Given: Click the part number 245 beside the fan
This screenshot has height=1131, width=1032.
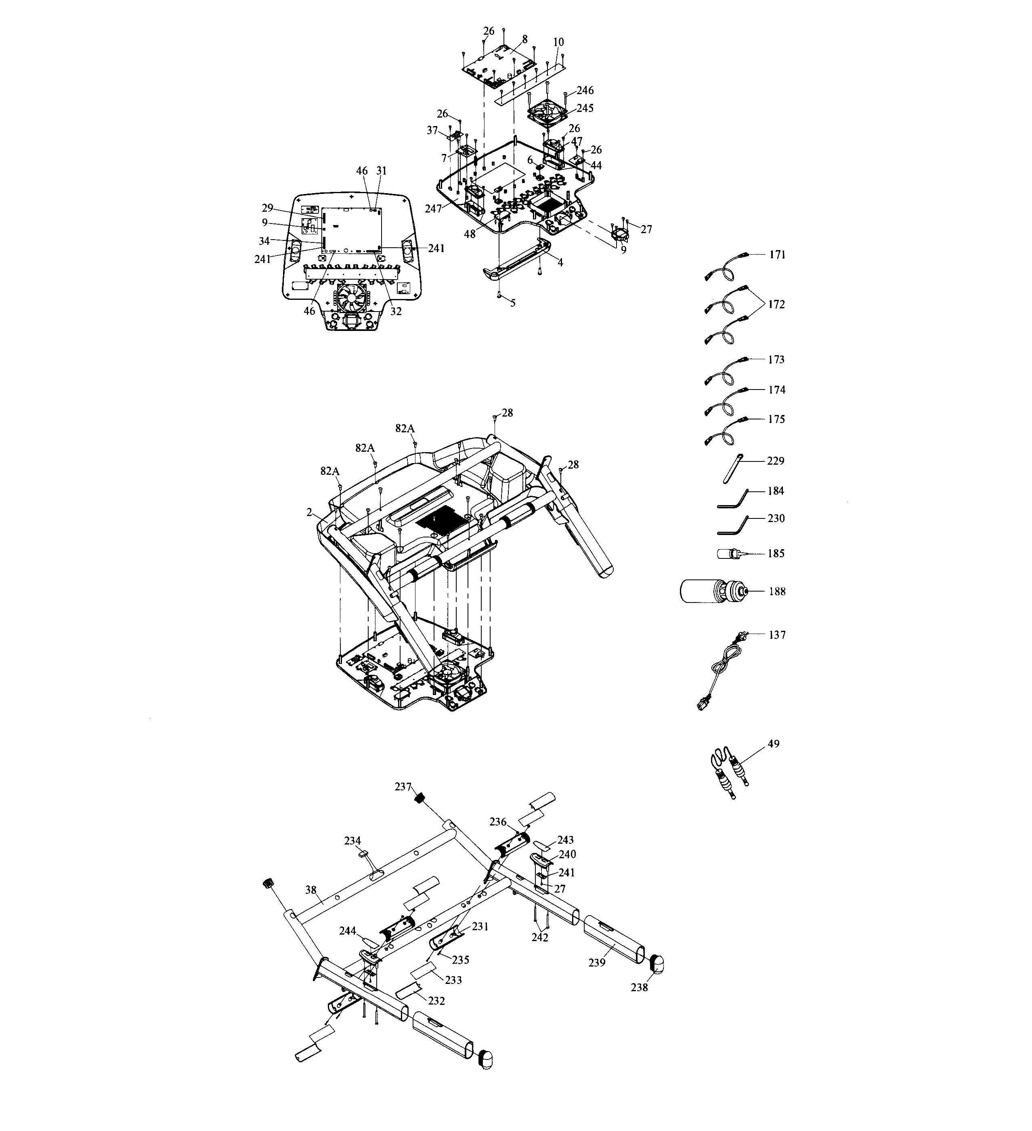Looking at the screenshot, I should (585, 108).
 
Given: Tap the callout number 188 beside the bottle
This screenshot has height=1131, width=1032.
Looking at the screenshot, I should (777, 591).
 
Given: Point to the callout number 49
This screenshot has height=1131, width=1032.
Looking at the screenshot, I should (774, 744).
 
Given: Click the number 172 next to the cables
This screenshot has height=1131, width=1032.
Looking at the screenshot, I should (776, 304).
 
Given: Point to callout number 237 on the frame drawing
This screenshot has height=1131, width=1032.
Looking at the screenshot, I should (403, 787).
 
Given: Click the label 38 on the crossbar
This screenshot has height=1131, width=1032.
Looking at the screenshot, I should (310, 890).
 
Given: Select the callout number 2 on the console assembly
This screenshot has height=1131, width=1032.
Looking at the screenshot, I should (309, 512).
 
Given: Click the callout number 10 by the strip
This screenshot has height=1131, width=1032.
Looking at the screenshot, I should (558, 42).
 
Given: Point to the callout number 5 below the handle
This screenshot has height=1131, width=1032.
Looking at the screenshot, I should (512, 303).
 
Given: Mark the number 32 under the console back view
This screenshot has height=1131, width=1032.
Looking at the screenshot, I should (396, 312).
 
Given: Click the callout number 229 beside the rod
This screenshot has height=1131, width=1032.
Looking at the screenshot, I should (776, 461).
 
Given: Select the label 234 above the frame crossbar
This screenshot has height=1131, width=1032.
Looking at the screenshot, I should (352, 840).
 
